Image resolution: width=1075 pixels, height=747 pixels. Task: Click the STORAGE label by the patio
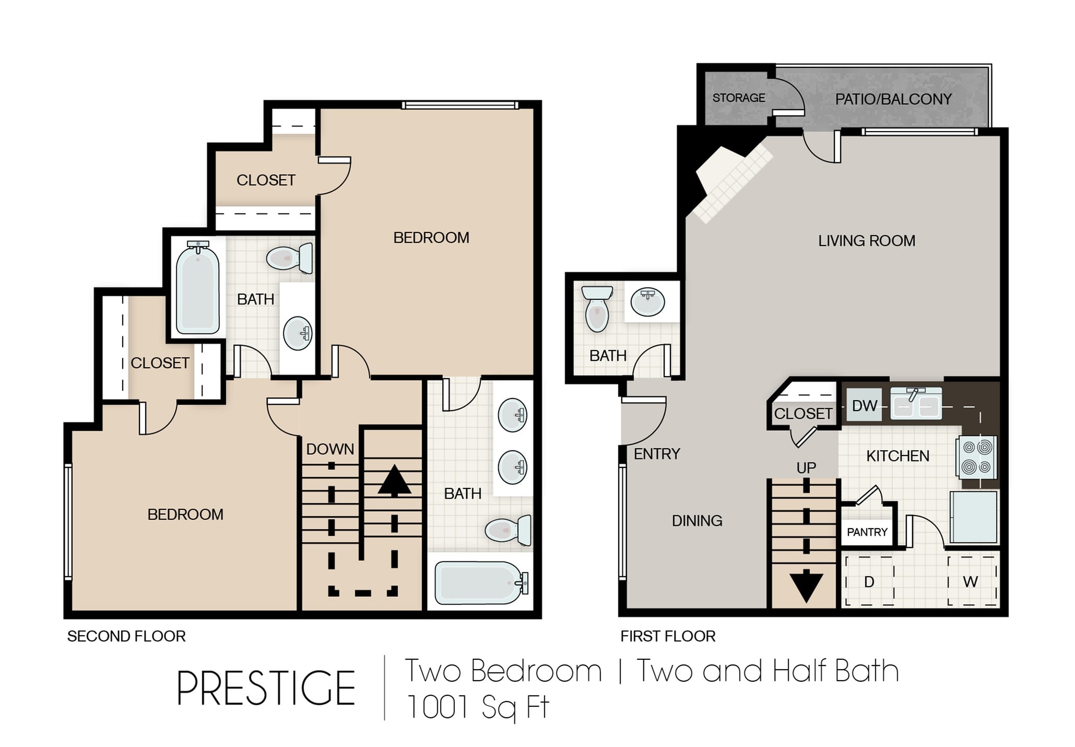[739, 98]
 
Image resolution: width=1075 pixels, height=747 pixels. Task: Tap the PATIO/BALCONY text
[893, 99]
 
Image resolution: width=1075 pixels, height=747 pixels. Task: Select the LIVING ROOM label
[867, 241]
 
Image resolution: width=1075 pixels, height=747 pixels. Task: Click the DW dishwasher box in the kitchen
[864, 405]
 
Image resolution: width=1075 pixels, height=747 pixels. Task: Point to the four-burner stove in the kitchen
[976, 457]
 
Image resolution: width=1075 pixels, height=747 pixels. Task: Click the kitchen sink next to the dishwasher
[916, 403]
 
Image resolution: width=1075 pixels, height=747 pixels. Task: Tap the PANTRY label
[867, 532]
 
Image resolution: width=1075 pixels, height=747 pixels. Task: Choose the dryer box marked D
[869, 581]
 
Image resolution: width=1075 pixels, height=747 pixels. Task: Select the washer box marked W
[971, 581]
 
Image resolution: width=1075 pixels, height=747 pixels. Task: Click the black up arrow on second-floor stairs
[395, 480]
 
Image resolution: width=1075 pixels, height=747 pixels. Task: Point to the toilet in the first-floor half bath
[597, 309]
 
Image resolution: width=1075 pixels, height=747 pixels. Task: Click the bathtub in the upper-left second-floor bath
[197, 288]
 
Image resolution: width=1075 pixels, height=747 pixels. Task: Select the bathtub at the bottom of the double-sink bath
[481, 582]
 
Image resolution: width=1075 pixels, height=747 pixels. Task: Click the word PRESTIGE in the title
[266, 688]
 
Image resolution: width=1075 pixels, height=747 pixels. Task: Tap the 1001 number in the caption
[437, 707]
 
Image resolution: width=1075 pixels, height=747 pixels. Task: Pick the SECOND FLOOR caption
[126, 636]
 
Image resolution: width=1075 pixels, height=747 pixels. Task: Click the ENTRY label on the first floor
[657, 454]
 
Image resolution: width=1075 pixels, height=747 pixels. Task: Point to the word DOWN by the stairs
[330, 449]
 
